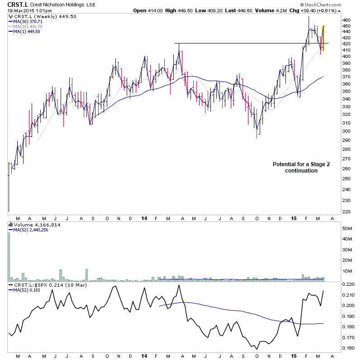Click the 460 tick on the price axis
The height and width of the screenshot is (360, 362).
pyautogui.click(x=347, y=20)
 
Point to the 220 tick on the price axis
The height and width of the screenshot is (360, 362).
pyautogui.click(x=347, y=211)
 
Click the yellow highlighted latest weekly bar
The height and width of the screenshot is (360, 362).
pyautogui.click(x=323, y=38)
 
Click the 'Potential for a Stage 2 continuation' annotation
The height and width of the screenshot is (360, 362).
pyautogui.click(x=301, y=167)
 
